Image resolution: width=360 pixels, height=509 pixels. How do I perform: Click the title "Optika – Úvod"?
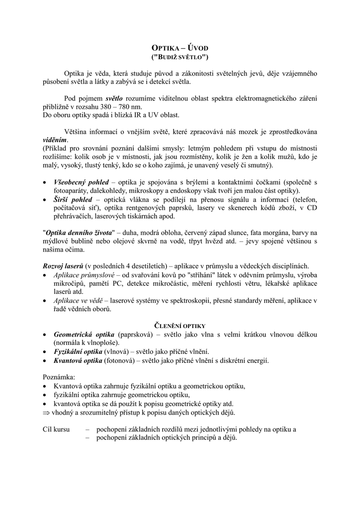[180, 48]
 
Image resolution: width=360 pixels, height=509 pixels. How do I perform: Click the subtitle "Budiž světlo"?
[180, 57]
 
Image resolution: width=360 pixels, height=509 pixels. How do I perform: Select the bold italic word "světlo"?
[114, 98]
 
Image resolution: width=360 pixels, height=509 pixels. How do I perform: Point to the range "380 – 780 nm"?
[124, 107]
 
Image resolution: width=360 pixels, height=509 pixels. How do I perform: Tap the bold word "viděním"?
[55, 140]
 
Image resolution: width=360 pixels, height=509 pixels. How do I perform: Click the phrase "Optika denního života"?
[79, 233]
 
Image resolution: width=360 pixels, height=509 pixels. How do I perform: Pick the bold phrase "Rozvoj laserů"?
[63, 266]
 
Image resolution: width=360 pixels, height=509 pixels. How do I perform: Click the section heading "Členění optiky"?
[180, 326]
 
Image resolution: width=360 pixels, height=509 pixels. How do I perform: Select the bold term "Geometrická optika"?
[84, 334]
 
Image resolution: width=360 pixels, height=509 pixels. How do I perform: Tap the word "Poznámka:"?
[59, 377]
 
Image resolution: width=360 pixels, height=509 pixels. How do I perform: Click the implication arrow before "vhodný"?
[47, 413]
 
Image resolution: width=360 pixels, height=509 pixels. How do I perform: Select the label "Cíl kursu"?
[56, 429]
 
